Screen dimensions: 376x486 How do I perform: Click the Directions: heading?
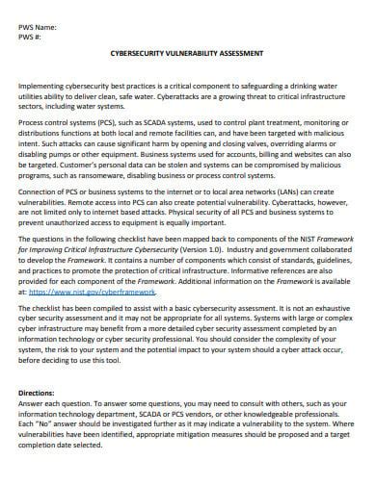point(39,395)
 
